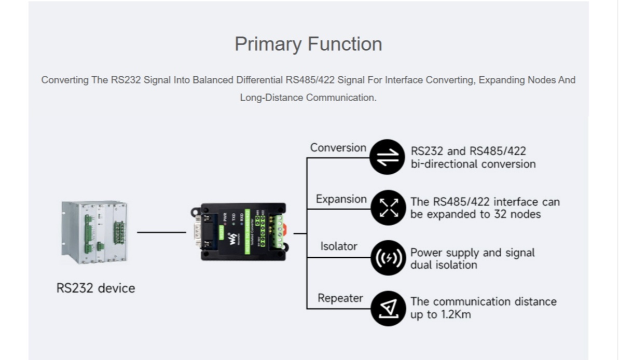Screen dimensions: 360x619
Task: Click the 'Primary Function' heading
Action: [308, 44]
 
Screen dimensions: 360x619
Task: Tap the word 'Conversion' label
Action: [338, 148]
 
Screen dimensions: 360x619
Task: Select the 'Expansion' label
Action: [341, 199]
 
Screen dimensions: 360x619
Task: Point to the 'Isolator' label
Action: [338, 246]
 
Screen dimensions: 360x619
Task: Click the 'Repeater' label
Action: [340, 298]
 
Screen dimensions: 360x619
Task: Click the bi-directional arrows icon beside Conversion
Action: [388, 157]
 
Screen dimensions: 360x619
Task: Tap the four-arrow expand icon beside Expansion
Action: [388, 207]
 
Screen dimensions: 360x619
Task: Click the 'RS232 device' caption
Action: [95, 288]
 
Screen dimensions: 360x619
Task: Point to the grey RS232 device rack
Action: [94, 232]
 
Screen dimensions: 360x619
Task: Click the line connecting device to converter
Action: [161, 232]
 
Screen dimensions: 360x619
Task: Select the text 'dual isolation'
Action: [444, 265]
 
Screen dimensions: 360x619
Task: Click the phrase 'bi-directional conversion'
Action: [473, 164]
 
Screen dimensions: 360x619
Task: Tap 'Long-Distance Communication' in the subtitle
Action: [308, 98]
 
